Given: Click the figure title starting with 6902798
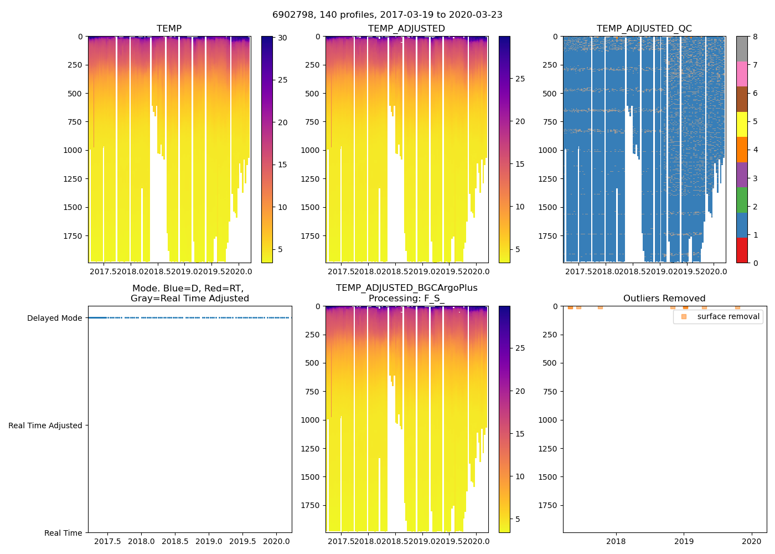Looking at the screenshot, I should click(387, 15).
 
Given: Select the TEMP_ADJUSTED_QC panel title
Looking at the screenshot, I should click(644, 29).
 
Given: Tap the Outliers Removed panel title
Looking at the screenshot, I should click(664, 299).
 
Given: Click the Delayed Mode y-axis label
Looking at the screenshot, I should click(54, 318).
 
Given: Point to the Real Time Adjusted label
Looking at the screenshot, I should click(45, 425).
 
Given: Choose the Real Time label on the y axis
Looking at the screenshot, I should click(63, 533).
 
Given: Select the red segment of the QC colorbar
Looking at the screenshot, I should click(742, 250).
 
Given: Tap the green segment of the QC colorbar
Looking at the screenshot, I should click(742, 200).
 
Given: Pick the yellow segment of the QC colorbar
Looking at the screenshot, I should click(742, 125).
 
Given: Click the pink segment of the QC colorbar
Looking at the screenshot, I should click(742, 74).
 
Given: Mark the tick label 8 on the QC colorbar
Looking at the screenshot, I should click(755, 37).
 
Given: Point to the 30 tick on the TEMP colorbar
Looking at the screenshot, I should click(282, 38).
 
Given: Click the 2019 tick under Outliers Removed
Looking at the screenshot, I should click(684, 541).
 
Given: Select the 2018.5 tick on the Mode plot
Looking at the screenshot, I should click(175, 541).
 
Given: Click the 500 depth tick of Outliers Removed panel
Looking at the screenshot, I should click(549, 363).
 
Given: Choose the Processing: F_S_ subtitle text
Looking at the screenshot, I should click(406, 299).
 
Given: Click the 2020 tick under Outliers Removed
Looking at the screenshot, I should click(752, 541).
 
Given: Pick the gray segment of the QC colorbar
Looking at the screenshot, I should click(742, 49).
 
